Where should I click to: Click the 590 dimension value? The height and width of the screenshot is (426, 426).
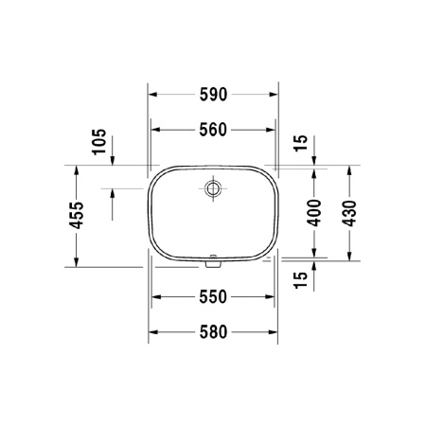click(214, 94)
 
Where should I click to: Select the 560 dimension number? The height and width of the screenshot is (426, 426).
click(214, 131)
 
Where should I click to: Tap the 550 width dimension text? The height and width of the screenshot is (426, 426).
click(214, 296)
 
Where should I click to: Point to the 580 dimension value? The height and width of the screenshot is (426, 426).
click(214, 333)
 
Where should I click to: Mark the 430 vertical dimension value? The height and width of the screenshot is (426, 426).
click(350, 214)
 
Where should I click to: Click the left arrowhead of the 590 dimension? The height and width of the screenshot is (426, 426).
click(153, 94)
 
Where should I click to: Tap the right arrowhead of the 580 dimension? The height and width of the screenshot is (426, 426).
click(275, 333)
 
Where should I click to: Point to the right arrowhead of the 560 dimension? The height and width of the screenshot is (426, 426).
click(272, 131)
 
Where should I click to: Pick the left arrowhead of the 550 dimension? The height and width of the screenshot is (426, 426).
click(157, 296)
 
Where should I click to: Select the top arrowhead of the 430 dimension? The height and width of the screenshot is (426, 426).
click(350, 169)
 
